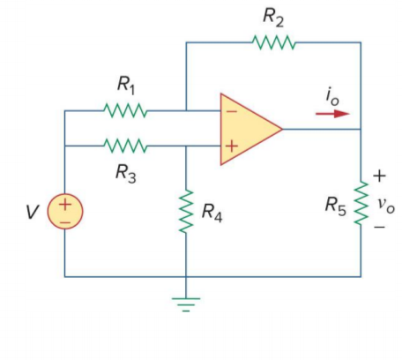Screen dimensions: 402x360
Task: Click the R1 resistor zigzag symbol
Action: pyautogui.click(x=125, y=110)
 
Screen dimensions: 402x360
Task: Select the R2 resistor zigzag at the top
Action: pyautogui.click(x=274, y=42)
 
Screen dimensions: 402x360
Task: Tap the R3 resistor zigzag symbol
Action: pyautogui.click(x=125, y=146)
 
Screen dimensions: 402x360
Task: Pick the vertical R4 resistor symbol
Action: pyautogui.click(x=186, y=211)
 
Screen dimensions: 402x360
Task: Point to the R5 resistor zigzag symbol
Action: pyautogui.click(x=361, y=203)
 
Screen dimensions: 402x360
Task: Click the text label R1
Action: pyautogui.click(x=126, y=86)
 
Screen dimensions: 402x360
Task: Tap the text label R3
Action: pyautogui.click(x=126, y=173)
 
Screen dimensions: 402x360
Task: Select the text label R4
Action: pyautogui.click(x=212, y=213)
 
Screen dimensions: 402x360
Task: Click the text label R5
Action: pyautogui.click(x=336, y=206)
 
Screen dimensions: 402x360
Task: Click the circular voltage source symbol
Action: pyautogui.click(x=65, y=211)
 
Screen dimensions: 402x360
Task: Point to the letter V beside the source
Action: pyautogui.click(x=33, y=212)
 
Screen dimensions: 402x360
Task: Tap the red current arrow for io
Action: pyautogui.click(x=332, y=114)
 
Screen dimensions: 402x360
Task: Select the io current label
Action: pyautogui.click(x=332, y=96)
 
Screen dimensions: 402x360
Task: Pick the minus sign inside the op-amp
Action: pyautogui.click(x=232, y=111)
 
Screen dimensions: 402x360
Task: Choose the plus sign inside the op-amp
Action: pyautogui.click(x=232, y=146)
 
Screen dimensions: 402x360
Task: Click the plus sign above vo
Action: pyautogui.click(x=379, y=176)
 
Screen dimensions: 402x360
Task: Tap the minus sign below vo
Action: pyautogui.click(x=379, y=227)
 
